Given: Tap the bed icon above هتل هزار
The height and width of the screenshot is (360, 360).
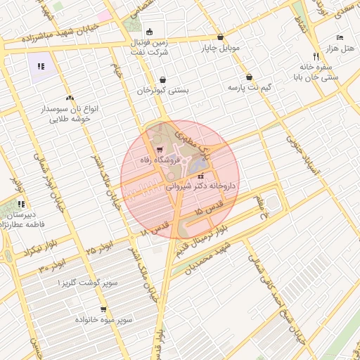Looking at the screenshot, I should pos(340,37).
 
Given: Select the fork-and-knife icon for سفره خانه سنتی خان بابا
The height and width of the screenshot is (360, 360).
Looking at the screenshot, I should pos(316,56).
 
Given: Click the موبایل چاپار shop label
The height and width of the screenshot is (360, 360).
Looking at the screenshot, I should pos(221,48).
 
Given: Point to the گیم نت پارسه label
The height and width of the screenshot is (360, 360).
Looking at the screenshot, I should pos(249,88).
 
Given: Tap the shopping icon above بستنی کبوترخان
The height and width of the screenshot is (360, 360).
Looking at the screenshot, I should pos(163,80).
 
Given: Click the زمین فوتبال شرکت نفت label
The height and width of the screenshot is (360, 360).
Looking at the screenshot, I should pos(150,47).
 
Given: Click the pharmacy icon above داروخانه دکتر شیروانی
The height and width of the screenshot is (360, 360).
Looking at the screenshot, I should pos(201,176).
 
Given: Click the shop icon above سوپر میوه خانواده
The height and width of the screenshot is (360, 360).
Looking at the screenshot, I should pos(103,309).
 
